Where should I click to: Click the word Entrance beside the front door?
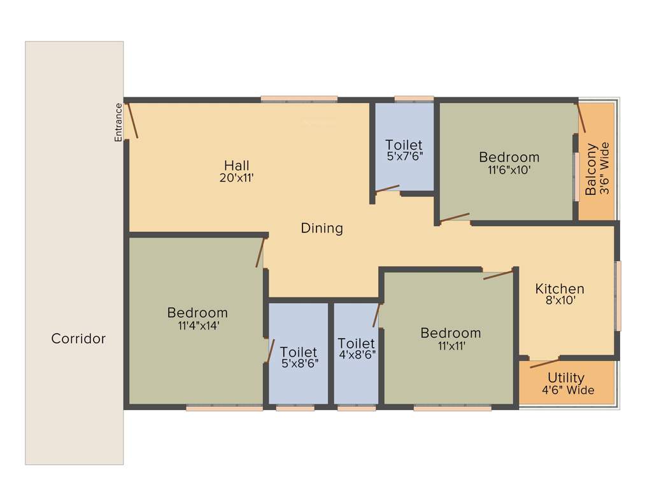[118, 122]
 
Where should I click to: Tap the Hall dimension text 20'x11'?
[236, 178]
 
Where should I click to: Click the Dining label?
[322, 228]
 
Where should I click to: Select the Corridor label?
[78, 339]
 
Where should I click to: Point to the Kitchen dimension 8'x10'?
[559, 301]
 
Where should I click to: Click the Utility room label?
[566, 378]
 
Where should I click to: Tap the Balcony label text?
[592, 169]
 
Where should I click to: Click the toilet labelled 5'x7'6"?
[404, 150]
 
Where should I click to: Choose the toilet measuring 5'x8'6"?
[299, 358]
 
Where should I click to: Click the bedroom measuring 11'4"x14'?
[197, 318]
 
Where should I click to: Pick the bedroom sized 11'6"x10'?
[509, 163]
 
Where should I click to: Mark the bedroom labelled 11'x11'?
[450, 339]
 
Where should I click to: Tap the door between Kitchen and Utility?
[544, 363]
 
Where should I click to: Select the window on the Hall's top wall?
[299, 99]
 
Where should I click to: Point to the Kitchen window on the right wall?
[617, 295]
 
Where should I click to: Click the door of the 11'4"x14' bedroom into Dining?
[260, 252]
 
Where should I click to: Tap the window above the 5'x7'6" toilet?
[414, 99]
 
